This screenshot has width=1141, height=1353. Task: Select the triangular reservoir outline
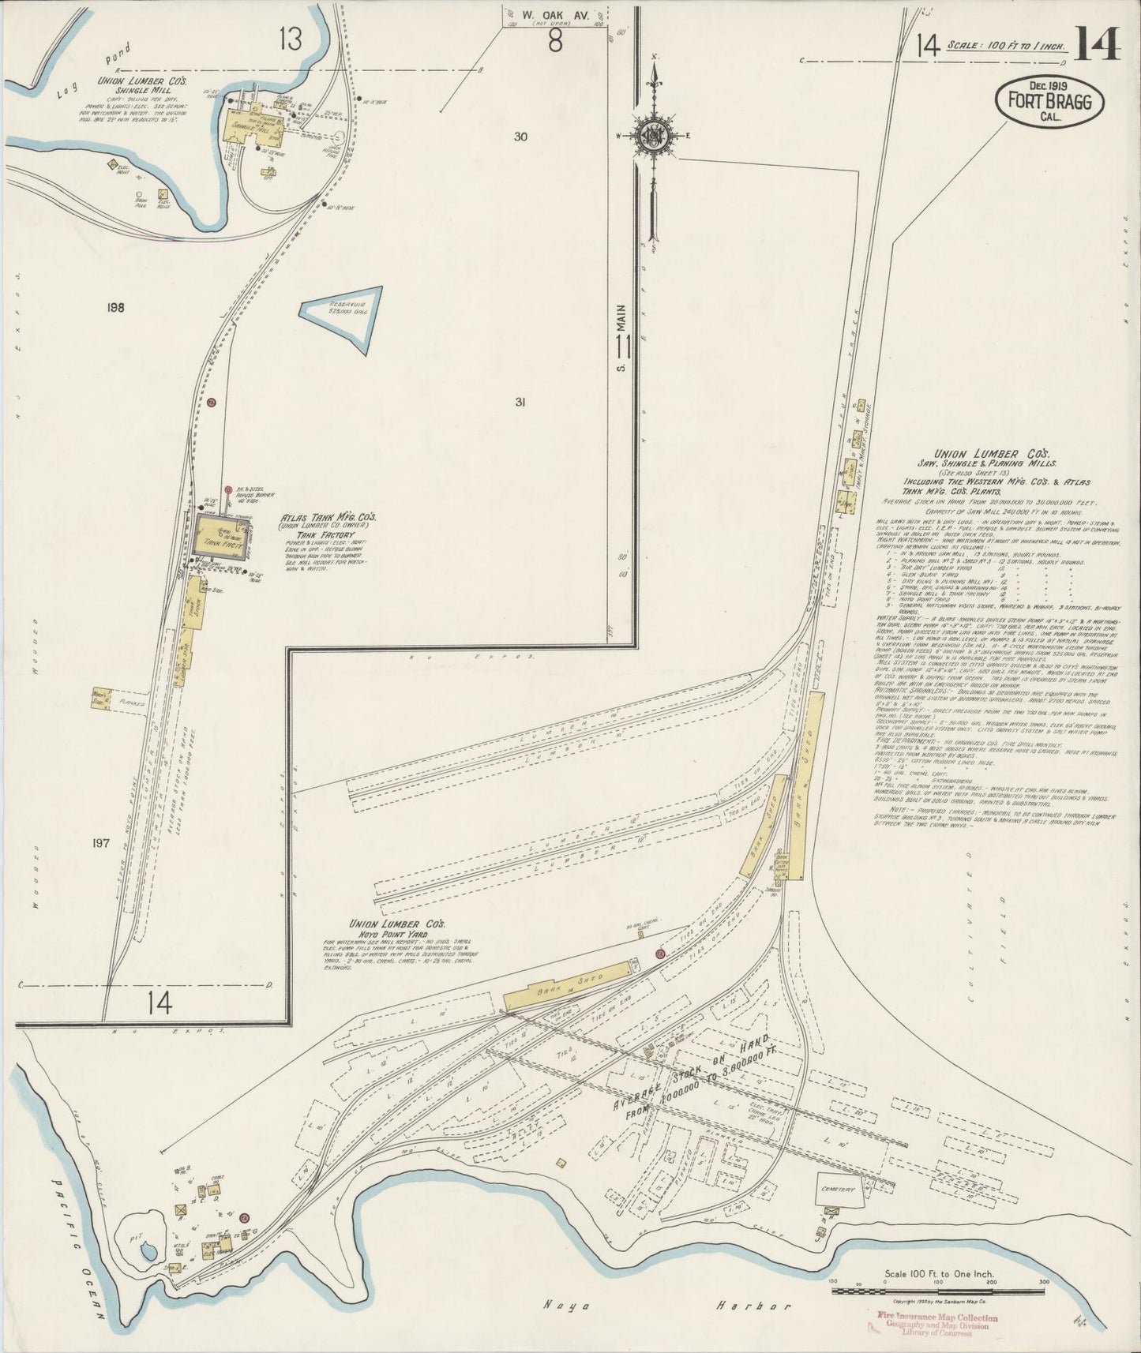tap(346, 316)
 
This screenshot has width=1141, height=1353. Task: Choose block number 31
tap(520, 402)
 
